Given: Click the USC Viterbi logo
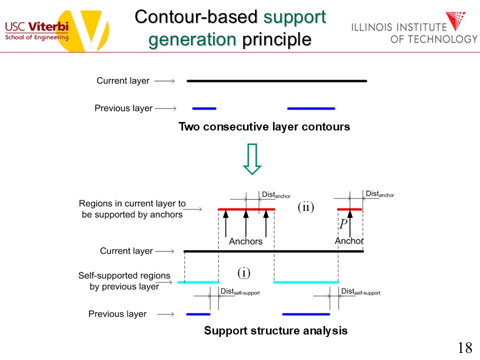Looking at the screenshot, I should click(x=55, y=27).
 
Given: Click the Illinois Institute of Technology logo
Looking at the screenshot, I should click(x=414, y=29).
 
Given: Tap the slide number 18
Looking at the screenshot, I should click(x=464, y=348).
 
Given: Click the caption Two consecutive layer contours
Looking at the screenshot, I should click(x=264, y=127).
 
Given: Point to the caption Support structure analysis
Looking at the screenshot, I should click(x=275, y=330).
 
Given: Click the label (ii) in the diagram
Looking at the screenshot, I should click(x=305, y=207).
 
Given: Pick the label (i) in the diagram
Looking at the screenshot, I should click(x=243, y=272).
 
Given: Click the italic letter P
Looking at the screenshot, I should click(x=343, y=224).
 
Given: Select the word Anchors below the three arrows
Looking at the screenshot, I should click(x=245, y=241).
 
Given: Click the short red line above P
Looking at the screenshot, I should click(x=349, y=209).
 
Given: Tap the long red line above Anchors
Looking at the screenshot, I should click(x=246, y=209).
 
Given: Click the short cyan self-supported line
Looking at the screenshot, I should click(x=198, y=282).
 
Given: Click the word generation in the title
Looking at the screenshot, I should click(x=192, y=39).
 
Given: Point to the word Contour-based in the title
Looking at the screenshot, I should click(x=197, y=17).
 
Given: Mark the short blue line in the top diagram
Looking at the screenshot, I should click(x=204, y=108).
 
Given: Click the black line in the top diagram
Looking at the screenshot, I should click(x=276, y=80).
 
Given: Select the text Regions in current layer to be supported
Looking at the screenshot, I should click(x=132, y=209).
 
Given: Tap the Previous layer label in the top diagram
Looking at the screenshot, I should click(x=123, y=108).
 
